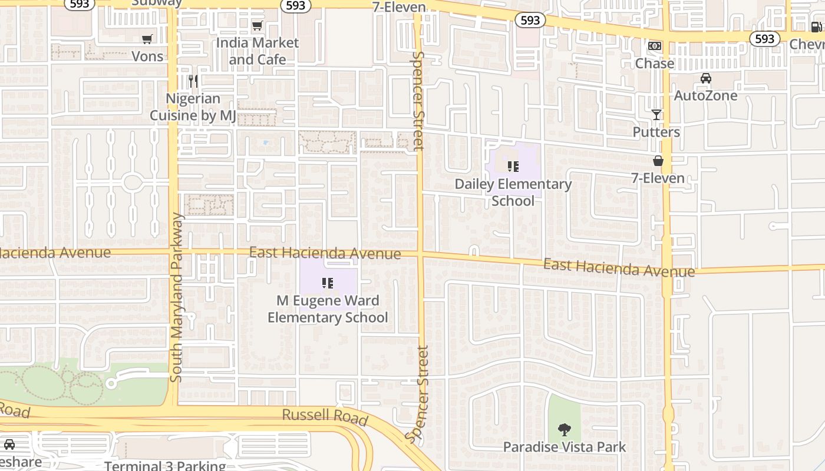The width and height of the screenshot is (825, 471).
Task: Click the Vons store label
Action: pos(147,57)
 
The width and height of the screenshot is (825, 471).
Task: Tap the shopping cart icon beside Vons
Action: pos(147,39)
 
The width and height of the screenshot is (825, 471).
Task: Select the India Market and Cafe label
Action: pos(258,51)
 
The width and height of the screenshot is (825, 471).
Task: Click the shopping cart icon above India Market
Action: pos(257,26)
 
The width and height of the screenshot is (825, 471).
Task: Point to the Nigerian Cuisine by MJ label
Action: pos(193,107)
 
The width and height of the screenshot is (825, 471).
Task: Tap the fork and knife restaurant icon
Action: pos(193,81)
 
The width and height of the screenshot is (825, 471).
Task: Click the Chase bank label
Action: pos(655,64)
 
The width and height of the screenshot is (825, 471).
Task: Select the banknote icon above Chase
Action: pos(655,46)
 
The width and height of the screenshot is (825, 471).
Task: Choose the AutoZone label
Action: pos(705,95)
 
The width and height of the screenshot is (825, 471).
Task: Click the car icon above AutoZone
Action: pos(705,78)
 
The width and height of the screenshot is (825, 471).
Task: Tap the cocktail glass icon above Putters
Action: pos(656,115)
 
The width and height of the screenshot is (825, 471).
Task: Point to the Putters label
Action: pos(656,132)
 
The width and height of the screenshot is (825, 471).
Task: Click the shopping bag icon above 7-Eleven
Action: pos(658,161)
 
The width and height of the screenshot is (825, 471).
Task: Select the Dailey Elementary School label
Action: pos(513,193)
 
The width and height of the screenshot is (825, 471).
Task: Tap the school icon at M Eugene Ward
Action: pos(328,284)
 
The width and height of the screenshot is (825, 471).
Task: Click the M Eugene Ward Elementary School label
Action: pos(328,309)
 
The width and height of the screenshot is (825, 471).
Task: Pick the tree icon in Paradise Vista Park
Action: pos(565,430)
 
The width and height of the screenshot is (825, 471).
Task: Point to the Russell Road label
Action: pos(325,417)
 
